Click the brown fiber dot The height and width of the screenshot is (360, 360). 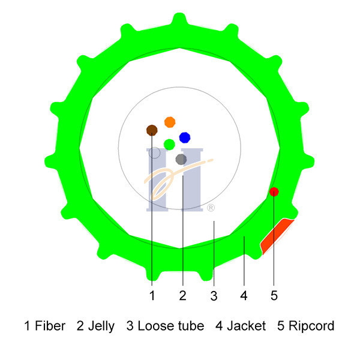tap(152, 130)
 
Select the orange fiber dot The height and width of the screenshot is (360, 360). tap(170, 122)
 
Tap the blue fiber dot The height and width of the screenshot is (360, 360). tap(185, 137)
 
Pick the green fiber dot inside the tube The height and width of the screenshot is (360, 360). tap(169, 145)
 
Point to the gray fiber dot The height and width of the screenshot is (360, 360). tap(181, 160)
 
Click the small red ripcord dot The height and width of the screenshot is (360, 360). tap(274, 192)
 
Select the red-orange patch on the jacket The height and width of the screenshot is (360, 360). tap(277, 236)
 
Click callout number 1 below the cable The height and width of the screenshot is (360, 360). tap(152, 295)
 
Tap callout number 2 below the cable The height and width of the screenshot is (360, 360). tap(182, 295)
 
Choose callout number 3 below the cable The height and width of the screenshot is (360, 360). tap(214, 296)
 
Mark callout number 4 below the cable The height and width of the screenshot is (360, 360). tap(244, 295)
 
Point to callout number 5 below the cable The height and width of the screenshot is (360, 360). tap(274, 295)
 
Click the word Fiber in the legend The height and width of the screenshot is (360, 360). tap(50, 326)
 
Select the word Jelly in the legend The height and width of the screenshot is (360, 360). tap(101, 326)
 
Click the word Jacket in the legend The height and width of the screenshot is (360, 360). tap(247, 326)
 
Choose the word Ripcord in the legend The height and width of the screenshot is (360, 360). tap(311, 326)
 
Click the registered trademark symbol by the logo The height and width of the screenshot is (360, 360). tap(211, 208)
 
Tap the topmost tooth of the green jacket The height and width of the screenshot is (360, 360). tap(180, 19)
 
